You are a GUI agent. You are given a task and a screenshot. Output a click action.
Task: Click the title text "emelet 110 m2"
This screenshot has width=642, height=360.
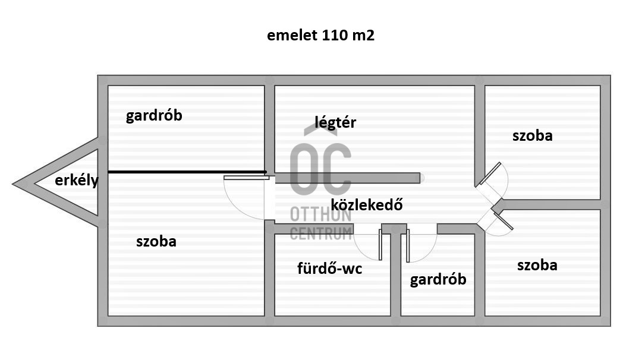click(x=321, y=36)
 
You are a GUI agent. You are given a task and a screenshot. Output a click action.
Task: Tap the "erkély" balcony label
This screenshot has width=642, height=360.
click(x=77, y=181)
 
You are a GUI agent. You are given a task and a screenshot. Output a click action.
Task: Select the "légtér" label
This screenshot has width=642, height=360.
click(x=335, y=122)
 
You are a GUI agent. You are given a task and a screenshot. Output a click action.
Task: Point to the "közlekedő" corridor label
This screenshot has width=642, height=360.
click(x=367, y=206)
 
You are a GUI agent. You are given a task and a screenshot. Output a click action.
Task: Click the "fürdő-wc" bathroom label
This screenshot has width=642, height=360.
click(x=329, y=269)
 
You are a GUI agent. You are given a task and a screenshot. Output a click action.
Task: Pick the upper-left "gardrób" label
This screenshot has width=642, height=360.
click(x=154, y=115)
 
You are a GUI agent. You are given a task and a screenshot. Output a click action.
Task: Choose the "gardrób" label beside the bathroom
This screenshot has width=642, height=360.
click(x=438, y=279)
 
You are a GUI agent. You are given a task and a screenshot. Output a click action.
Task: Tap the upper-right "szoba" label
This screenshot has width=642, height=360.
click(x=532, y=135)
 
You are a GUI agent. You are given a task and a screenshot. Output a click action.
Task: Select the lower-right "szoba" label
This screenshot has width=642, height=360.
click(x=537, y=265)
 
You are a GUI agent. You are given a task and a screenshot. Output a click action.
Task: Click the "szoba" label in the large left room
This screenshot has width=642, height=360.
click(x=156, y=241)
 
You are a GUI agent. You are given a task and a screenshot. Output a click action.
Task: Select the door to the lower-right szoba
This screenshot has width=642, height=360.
click(x=497, y=220)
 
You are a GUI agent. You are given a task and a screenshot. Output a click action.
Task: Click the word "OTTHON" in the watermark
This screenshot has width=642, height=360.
click(x=320, y=214)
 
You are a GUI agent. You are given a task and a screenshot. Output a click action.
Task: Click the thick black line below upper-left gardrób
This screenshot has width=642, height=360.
click(x=187, y=172)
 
